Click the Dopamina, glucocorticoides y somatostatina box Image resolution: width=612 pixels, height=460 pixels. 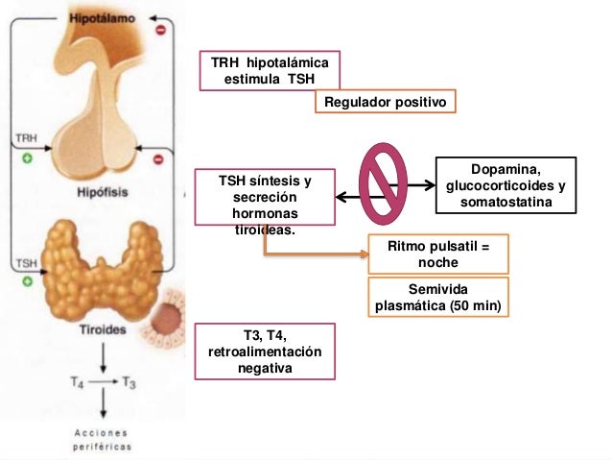[x=506, y=184]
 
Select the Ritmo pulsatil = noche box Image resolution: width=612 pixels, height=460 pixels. [x=437, y=254]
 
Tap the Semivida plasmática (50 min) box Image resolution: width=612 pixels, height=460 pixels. [x=437, y=298]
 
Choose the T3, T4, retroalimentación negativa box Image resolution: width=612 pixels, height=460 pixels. [x=265, y=351]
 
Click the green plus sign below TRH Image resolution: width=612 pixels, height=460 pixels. [x=28, y=159]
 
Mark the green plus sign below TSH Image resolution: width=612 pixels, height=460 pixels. [x=28, y=281]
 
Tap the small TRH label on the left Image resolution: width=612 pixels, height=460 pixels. [x=28, y=140]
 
